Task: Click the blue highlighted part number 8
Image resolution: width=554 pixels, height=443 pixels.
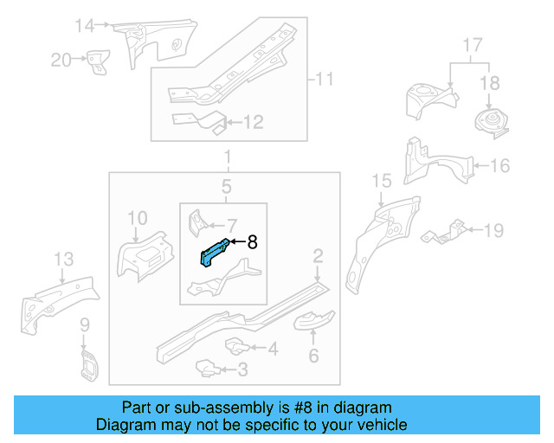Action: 216,252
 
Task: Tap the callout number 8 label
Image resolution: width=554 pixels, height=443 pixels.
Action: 253,243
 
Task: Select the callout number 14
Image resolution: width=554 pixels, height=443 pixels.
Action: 83,26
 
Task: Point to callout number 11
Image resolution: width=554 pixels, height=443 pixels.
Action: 323,80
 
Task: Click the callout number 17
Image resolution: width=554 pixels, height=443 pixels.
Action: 472,43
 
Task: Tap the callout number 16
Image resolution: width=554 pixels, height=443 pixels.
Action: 500,165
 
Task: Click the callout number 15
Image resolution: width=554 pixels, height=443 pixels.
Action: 382,180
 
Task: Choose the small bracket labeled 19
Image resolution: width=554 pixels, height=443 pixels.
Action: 441,233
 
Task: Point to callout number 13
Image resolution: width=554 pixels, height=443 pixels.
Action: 63,259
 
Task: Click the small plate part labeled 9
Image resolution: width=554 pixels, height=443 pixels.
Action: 87,364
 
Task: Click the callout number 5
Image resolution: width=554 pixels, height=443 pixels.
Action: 226,186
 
